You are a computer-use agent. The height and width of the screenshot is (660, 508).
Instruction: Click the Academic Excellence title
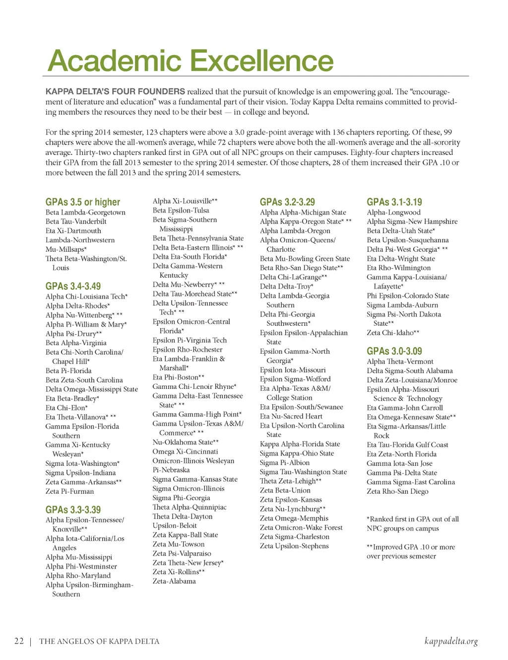click(x=190, y=61)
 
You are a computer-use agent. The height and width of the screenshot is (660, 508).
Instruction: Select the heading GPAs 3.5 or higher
click(x=83, y=202)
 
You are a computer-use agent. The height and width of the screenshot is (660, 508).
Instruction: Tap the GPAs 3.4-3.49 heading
click(x=73, y=286)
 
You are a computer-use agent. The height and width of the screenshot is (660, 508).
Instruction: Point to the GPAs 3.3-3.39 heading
click(x=73, y=510)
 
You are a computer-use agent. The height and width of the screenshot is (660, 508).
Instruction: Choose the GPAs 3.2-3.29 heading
click(x=287, y=202)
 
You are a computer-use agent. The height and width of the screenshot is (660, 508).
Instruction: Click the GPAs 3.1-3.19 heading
click(x=394, y=202)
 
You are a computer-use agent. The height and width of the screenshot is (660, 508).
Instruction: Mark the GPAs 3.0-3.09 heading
click(x=394, y=351)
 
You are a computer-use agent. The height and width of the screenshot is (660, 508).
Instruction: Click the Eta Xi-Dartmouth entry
click(x=73, y=231)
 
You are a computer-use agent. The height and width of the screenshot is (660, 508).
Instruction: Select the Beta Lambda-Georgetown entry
click(x=85, y=213)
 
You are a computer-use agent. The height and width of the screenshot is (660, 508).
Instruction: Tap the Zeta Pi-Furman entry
click(x=69, y=491)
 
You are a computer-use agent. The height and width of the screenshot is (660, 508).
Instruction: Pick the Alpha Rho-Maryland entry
click(x=78, y=576)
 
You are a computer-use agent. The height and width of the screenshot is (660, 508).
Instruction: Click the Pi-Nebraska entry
click(x=171, y=470)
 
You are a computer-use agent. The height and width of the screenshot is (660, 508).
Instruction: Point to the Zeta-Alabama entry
click(x=174, y=581)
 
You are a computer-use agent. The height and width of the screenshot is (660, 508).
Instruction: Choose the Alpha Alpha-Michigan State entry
click(x=303, y=213)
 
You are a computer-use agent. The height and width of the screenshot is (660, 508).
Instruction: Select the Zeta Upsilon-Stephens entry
click(x=294, y=546)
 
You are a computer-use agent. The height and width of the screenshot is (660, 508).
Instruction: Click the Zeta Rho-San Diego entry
click(x=397, y=491)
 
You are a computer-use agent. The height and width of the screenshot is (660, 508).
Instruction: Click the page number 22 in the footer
click(x=19, y=641)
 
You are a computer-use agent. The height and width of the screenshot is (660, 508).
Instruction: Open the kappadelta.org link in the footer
click(x=451, y=641)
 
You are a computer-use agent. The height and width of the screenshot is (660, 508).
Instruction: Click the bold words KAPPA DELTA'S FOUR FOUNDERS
click(x=115, y=91)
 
